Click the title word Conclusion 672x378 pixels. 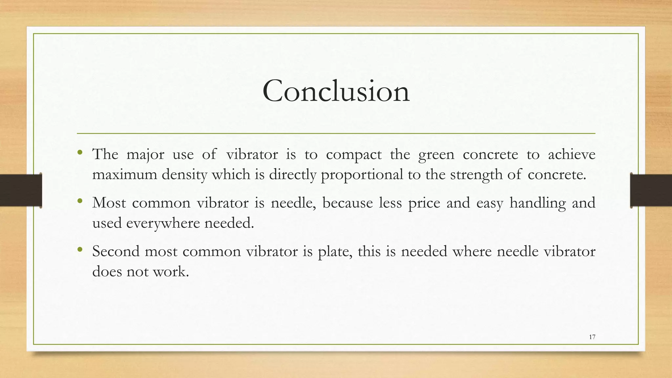point(336,91)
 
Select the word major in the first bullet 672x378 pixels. point(145,154)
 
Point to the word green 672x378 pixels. point(436,155)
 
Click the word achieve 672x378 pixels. point(571,154)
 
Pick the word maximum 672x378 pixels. point(124,175)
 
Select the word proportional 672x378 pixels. point(362,175)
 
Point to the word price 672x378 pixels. point(424,203)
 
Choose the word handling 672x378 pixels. point(537,203)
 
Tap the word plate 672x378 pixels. point(335,252)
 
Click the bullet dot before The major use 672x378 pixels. point(80,152)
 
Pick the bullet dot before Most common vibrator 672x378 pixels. point(80,201)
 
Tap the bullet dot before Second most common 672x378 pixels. point(80,249)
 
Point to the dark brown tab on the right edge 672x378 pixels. point(651,190)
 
